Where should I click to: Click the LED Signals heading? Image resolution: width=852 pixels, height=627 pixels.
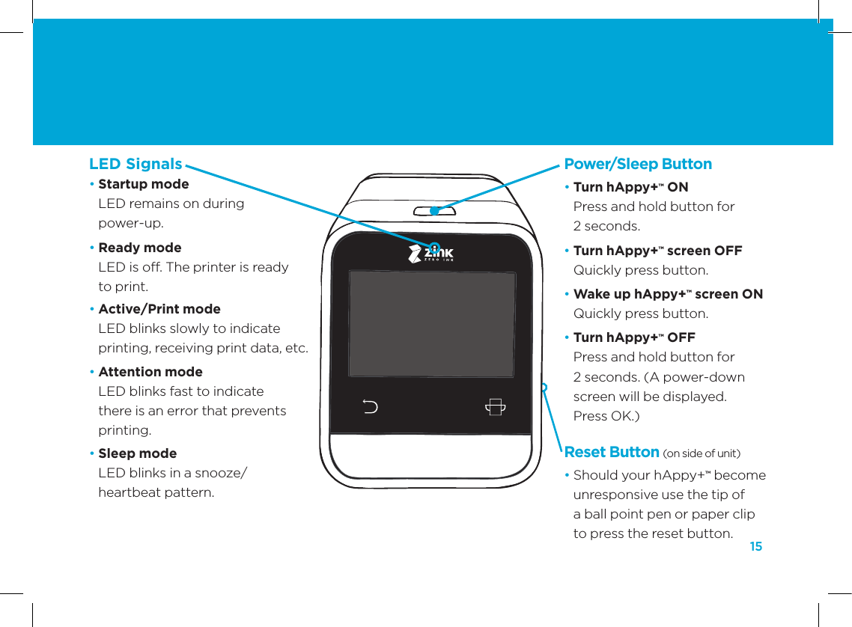[136, 164]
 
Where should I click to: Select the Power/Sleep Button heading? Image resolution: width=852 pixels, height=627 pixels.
[638, 164]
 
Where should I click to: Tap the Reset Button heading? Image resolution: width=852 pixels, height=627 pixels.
[611, 452]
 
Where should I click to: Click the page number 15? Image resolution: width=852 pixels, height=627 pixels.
[755, 547]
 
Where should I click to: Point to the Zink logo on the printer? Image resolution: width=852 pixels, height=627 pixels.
[431, 254]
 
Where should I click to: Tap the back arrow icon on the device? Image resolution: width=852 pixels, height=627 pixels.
[370, 407]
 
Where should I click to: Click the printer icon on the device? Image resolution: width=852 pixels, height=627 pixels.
[494, 407]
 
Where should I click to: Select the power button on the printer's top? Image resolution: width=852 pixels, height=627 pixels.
[435, 210]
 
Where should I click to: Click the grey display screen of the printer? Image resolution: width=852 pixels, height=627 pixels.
[432, 323]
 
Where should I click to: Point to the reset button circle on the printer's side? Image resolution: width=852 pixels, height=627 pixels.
[544, 387]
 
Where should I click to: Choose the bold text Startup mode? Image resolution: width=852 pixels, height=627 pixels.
[144, 184]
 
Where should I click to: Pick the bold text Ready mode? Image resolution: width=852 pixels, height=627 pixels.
[140, 248]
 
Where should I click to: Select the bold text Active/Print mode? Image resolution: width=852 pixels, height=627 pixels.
[159, 309]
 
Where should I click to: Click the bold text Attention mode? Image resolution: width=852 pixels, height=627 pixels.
[150, 372]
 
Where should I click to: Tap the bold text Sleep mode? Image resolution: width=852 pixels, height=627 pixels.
[138, 453]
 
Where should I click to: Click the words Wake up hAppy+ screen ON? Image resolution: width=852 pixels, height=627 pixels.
[668, 294]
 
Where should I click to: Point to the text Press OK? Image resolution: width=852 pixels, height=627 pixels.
[606, 415]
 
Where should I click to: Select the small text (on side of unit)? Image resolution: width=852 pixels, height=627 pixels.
[702, 453]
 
